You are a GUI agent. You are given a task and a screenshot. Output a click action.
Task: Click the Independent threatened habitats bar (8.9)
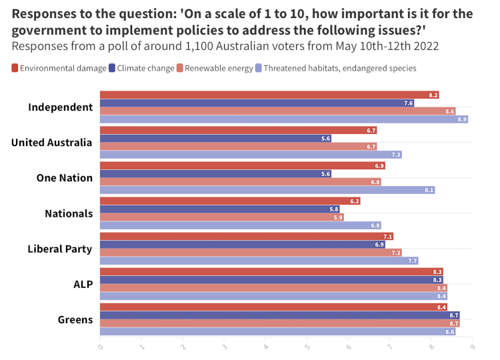point(283,119)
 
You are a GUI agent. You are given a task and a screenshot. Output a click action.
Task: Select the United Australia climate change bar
point(215,139)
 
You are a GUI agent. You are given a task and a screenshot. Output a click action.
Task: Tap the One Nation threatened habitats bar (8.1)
point(267,190)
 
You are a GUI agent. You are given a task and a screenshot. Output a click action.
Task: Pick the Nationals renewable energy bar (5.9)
point(221,217)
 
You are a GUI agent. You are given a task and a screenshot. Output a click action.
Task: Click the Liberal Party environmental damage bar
point(246,236)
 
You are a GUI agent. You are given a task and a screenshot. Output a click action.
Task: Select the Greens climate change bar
point(279,315)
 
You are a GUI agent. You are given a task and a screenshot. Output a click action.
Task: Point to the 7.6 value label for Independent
point(408,103)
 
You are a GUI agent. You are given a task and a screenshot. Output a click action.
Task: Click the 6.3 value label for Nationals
point(354,201)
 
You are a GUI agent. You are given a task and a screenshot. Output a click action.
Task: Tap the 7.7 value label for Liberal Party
point(412,261)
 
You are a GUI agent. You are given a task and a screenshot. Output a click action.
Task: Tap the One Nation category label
point(64,178)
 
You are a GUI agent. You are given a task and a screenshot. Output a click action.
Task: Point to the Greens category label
point(75,319)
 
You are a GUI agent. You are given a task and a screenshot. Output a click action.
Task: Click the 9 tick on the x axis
point(472,347)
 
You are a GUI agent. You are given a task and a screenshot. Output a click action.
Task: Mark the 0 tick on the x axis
point(100,347)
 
